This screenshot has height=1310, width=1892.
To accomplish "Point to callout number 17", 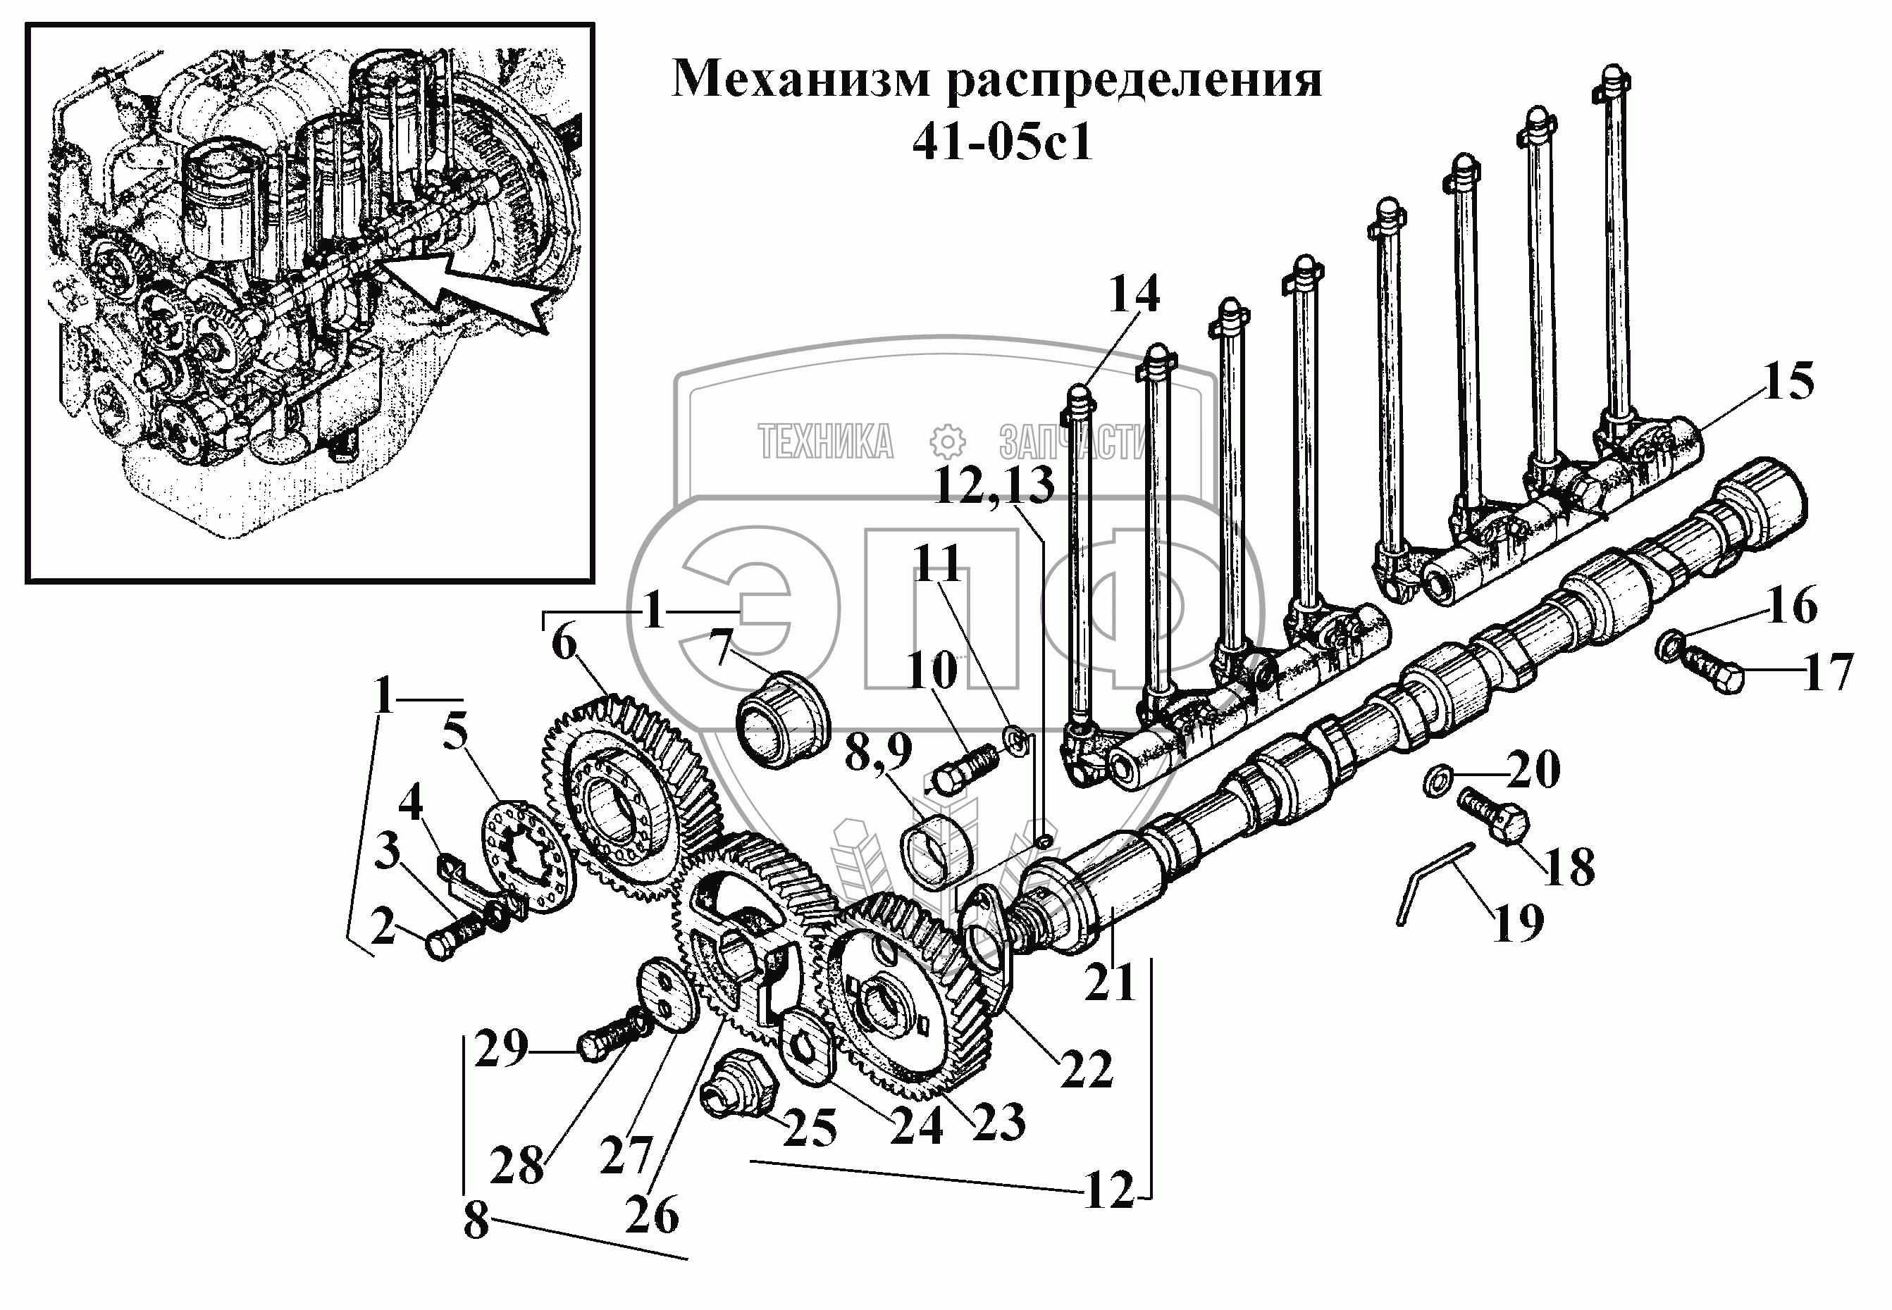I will point(1828,672).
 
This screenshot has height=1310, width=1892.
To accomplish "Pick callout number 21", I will point(1108,983).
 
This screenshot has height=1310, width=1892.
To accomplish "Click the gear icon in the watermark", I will point(947,442).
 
